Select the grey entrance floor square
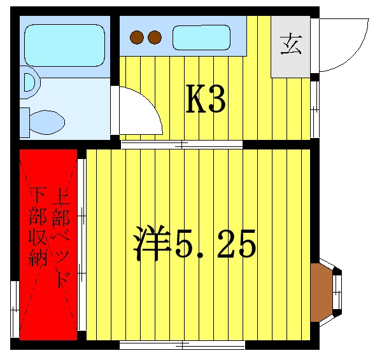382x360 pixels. [x=292, y=46]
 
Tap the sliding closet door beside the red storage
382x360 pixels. [x=81, y=245]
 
